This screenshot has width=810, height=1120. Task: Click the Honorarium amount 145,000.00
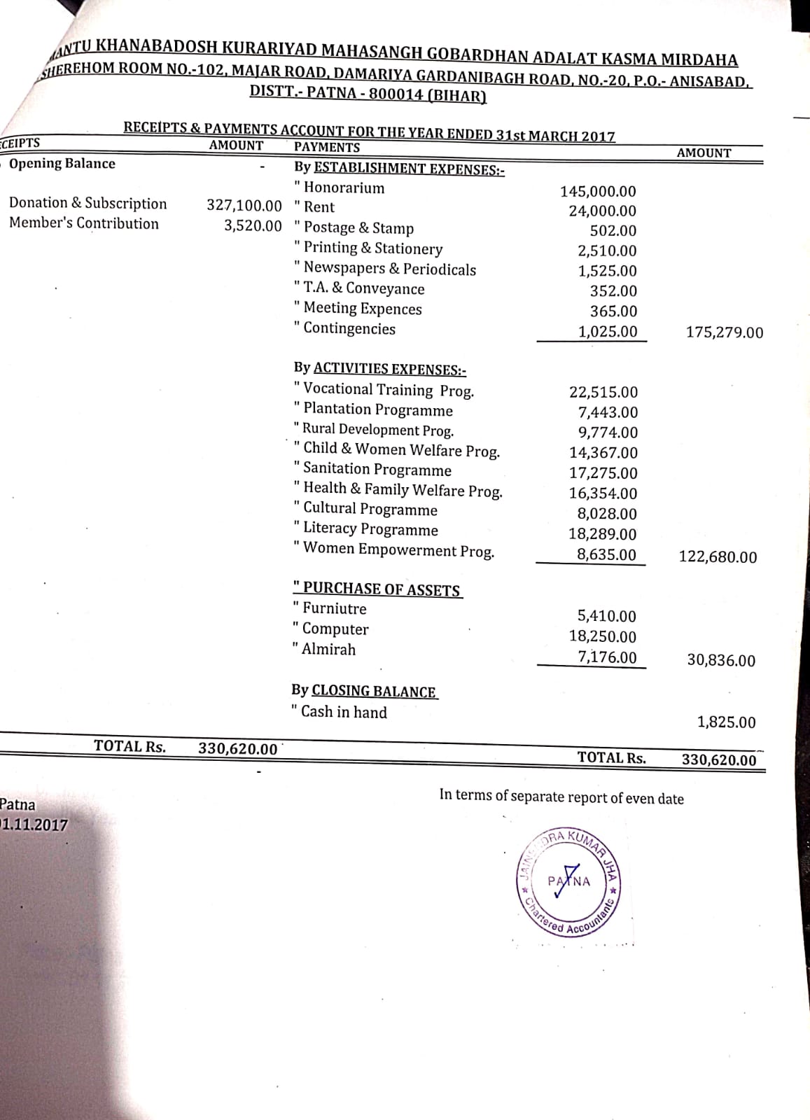(x=598, y=191)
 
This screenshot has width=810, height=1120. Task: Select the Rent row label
(x=319, y=207)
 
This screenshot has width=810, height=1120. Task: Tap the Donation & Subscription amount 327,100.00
(x=244, y=206)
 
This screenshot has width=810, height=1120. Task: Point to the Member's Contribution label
(x=84, y=223)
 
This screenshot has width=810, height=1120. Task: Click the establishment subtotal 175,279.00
(x=725, y=332)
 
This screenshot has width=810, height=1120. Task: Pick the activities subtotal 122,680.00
(x=718, y=557)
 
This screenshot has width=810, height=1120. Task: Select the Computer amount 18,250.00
(x=603, y=637)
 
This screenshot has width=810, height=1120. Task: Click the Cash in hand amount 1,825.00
(x=726, y=722)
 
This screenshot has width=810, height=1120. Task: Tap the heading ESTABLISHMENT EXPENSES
(x=409, y=169)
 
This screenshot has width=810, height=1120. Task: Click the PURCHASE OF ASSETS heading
(x=381, y=589)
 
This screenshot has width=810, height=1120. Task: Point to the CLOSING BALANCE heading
(x=374, y=692)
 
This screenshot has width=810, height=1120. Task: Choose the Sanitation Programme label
(x=377, y=470)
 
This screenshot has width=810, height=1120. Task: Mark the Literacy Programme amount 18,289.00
(x=603, y=535)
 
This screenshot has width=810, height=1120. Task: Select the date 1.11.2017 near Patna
(x=35, y=825)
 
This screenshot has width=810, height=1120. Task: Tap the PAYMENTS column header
(x=327, y=148)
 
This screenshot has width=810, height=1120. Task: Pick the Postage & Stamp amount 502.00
(x=613, y=231)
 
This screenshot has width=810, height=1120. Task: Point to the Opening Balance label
(x=62, y=164)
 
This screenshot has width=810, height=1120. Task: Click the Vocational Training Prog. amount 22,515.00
(x=603, y=393)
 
